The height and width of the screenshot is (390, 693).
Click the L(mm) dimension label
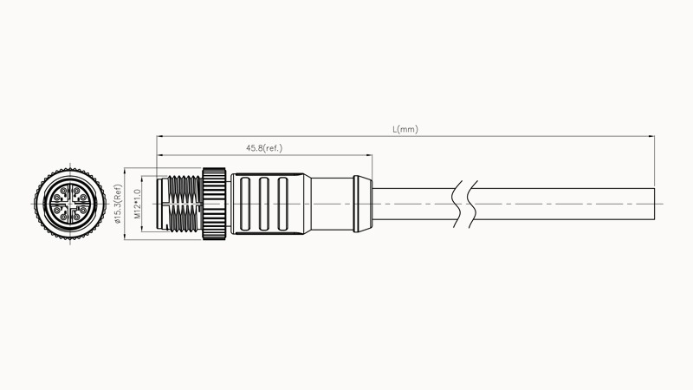405,129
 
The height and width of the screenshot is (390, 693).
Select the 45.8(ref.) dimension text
264,148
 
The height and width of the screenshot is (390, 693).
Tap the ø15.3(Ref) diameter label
118,204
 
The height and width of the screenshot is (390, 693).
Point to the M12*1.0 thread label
137,205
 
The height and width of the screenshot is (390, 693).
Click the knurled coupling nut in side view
214,204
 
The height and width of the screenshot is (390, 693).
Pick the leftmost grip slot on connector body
245,204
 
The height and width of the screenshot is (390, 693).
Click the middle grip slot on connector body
264,204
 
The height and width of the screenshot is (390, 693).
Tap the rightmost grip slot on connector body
282,204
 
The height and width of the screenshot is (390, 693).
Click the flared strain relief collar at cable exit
363,204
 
